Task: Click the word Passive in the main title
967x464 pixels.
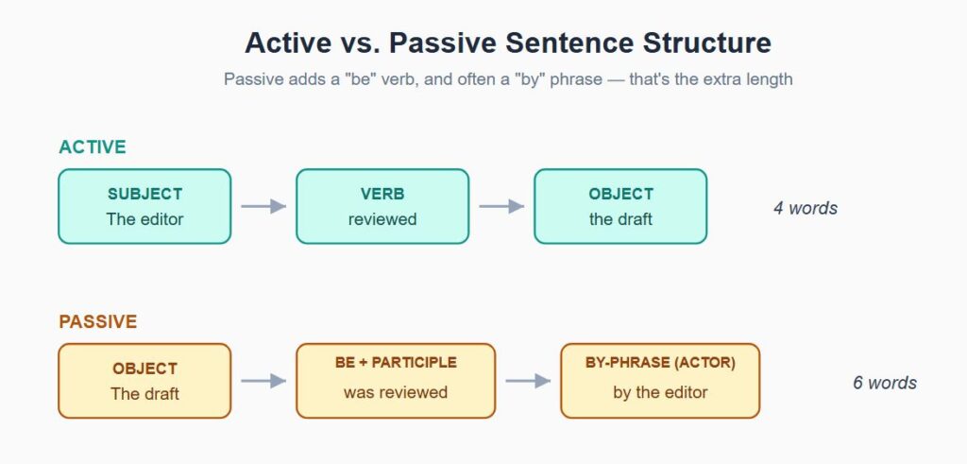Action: (442, 43)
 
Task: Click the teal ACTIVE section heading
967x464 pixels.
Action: (93, 146)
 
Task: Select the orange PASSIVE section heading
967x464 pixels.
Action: (98, 321)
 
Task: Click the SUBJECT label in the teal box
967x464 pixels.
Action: (144, 194)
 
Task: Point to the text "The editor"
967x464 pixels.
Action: (144, 219)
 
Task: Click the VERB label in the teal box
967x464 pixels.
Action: (382, 194)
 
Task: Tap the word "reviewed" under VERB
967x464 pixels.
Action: (382, 219)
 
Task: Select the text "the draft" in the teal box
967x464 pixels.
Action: (620, 219)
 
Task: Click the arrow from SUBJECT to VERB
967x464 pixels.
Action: (263, 206)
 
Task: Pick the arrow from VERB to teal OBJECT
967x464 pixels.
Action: (501, 206)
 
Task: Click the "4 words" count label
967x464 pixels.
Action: (806, 208)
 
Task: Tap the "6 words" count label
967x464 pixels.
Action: (885, 383)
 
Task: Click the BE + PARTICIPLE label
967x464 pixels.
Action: (396, 362)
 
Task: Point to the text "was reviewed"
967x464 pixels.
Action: (396, 392)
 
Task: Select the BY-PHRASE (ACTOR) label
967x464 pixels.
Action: (660, 362)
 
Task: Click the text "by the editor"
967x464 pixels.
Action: (660, 392)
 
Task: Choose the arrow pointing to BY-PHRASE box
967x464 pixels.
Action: (528, 381)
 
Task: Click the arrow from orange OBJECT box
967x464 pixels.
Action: (263, 381)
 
